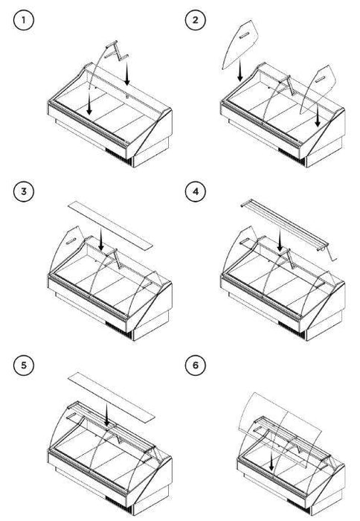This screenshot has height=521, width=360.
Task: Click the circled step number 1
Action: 24,20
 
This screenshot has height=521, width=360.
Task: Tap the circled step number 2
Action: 196,20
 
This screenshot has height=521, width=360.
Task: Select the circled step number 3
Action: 24,192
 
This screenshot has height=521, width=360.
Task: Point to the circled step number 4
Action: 196,192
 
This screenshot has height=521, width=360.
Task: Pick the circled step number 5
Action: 24,365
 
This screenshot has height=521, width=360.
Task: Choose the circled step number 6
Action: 196,365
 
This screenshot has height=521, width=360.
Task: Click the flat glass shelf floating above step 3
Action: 110,225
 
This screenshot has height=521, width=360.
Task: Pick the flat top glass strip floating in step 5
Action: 112,397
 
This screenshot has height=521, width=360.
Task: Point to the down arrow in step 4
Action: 280,240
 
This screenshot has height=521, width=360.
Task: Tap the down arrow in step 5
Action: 106,414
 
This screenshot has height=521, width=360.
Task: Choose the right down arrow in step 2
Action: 318,116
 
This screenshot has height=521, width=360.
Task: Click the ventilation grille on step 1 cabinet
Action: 118,157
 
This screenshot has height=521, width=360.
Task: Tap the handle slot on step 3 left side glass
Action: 71,241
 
